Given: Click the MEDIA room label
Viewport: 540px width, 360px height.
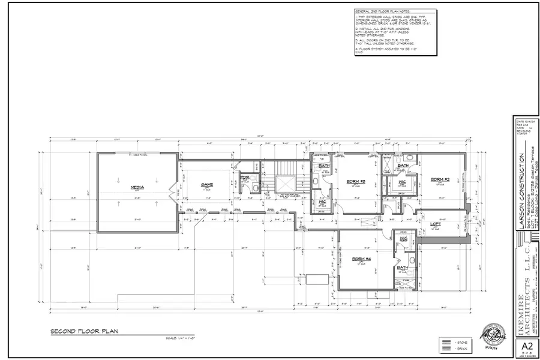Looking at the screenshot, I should pos(137,188).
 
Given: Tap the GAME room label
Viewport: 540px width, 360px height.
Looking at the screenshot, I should pos(207,184).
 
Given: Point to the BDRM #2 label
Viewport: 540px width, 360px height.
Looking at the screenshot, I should pos(440,178).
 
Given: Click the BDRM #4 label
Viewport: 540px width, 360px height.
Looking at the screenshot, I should pos(361,259).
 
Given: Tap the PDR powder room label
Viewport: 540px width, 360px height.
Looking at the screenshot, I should pos(244,178).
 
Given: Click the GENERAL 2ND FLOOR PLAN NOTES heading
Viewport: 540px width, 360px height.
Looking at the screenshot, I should pos(379,12).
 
